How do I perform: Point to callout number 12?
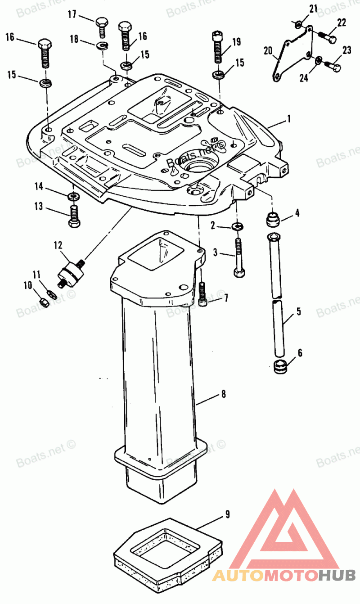click(58, 245)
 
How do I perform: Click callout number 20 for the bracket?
click(268, 51)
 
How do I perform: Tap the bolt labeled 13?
click(75, 216)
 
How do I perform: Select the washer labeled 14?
click(72, 196)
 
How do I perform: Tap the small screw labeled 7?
click(203, 295)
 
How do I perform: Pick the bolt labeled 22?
click(327, 36)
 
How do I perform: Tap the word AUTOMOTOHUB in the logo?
click(284, 575)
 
